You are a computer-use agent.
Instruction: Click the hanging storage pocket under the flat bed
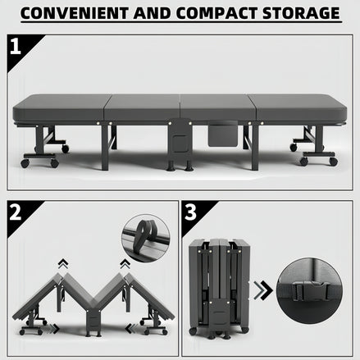coord(222,134)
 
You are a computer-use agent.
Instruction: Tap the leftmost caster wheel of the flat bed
coord(25,162)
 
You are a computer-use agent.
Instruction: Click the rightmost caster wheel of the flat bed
coord(333,162)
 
